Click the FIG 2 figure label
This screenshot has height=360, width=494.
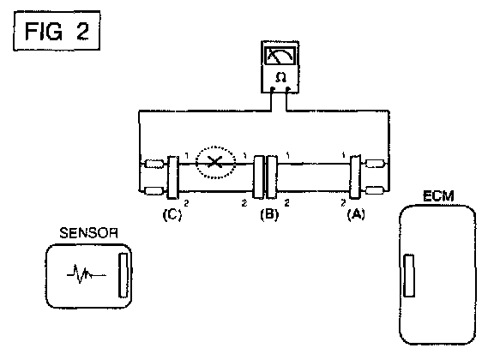click(x=57, y=31)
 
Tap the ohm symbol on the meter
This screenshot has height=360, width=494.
click(x=280, y=77)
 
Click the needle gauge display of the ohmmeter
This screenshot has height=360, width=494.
click(x=280, y=56)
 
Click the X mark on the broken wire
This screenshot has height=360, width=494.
click(x=215, y=162)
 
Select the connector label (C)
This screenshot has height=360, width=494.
click(x=172, y=214)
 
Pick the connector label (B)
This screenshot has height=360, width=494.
click(x=269, y=214)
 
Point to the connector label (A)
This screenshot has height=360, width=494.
click(x=356, y=214)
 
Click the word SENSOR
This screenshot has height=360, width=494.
click(x=88, y=233)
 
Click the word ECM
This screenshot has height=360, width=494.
click(x=438, y=196)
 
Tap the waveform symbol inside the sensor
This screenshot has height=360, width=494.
click(x=86, y=274)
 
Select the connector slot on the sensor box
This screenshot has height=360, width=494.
click(x=123, y=275)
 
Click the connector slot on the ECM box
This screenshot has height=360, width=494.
click(x=409, y=276)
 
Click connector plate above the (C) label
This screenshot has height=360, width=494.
click(x=172, y=177)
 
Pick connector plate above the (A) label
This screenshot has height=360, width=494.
click(x=355, y=177)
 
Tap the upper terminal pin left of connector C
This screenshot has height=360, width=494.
click(x=154, y=164)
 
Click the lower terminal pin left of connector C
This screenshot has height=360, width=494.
click(x=154, y=190)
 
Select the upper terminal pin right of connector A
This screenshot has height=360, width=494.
click(x=374, y=164)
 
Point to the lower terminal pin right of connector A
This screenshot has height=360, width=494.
click(x=374, y=190)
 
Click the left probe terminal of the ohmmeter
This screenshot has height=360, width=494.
click(x=273, y=89)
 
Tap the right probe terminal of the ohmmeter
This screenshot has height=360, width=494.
click(x=287, y=89)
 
